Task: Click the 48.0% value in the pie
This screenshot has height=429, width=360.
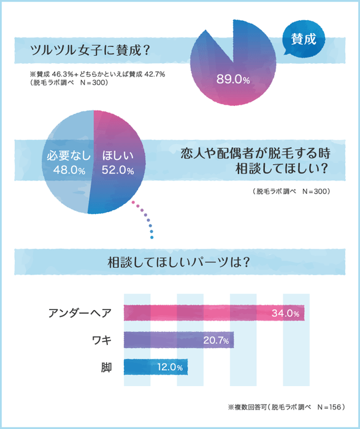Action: (x=69, y=170)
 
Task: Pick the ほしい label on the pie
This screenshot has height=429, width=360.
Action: (x=117, y=155)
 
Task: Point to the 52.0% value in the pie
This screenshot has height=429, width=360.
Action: (x=118, y=170)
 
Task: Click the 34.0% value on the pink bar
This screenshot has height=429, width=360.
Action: (x=285, y=314)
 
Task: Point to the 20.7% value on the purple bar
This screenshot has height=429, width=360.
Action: (x=215, y=340)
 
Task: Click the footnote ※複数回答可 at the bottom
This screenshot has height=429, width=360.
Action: (x=283, y=406)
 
